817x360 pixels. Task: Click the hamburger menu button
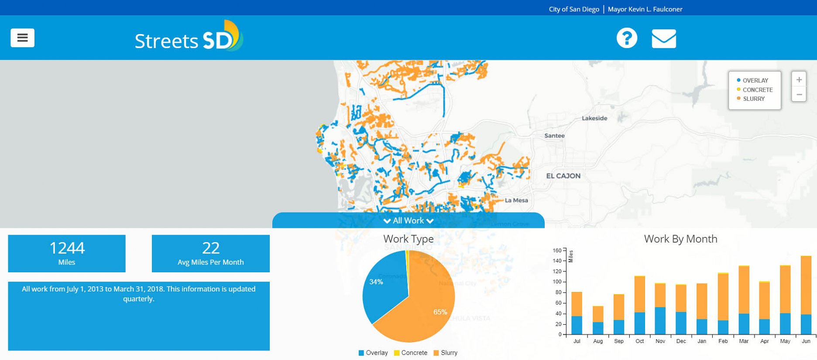tap(22, 38)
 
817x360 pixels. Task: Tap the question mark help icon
tap(627, 38)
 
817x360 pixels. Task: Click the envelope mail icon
tap(664, 38)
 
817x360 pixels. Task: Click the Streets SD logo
tap(189, 38)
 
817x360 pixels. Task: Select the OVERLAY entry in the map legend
tap(755, 80)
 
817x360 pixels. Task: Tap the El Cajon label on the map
tap(563, 176)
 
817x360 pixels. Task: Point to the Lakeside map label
tap(594, 118)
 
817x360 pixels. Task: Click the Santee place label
tap(554, 136)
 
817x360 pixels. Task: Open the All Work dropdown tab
tap(408, 221)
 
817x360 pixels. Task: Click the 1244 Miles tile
tap(67, 254)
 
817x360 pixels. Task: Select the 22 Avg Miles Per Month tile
tap(210, 254)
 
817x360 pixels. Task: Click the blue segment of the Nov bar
tap(660, 321)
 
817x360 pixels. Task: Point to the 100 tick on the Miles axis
tap(557, 282)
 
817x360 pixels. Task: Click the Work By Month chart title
tap(680, 239)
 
